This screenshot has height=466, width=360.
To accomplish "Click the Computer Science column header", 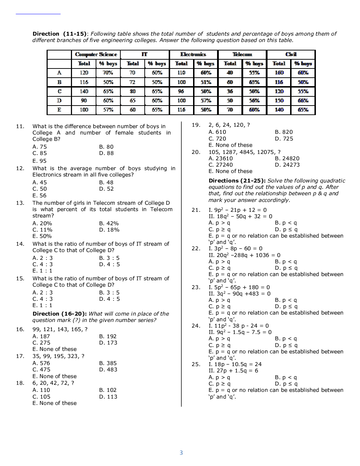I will tap(96, 54).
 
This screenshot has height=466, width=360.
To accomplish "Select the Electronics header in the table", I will tap(193, 54).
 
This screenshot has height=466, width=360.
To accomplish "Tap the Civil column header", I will tap(291, 54).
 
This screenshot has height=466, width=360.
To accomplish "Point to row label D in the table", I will tap(59, 101).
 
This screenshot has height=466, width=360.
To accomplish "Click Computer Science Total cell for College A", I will tap(84, 73).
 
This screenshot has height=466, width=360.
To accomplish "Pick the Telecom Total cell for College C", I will tap(230, 91).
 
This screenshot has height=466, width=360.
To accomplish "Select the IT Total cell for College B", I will tap(132, 82).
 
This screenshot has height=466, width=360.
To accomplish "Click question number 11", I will tap(20, 126).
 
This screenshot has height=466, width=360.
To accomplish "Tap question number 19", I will tap(196, 125).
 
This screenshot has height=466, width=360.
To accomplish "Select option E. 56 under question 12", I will tap(40, 196).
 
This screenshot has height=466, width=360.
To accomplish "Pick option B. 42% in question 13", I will tap(109, 223).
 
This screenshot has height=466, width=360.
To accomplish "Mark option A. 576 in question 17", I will tap(41, 363).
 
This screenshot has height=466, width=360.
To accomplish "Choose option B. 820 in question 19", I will tap(284, 132).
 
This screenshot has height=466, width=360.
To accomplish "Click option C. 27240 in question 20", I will tap(221, 165).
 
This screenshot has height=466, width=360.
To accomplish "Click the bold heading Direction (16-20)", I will tap(60, 314).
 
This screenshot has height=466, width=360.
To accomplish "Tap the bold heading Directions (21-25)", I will tap(237, 181).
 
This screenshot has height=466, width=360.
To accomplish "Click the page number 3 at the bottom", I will tap(181, 453).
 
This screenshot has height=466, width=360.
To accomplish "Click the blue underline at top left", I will tap(38, 14).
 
